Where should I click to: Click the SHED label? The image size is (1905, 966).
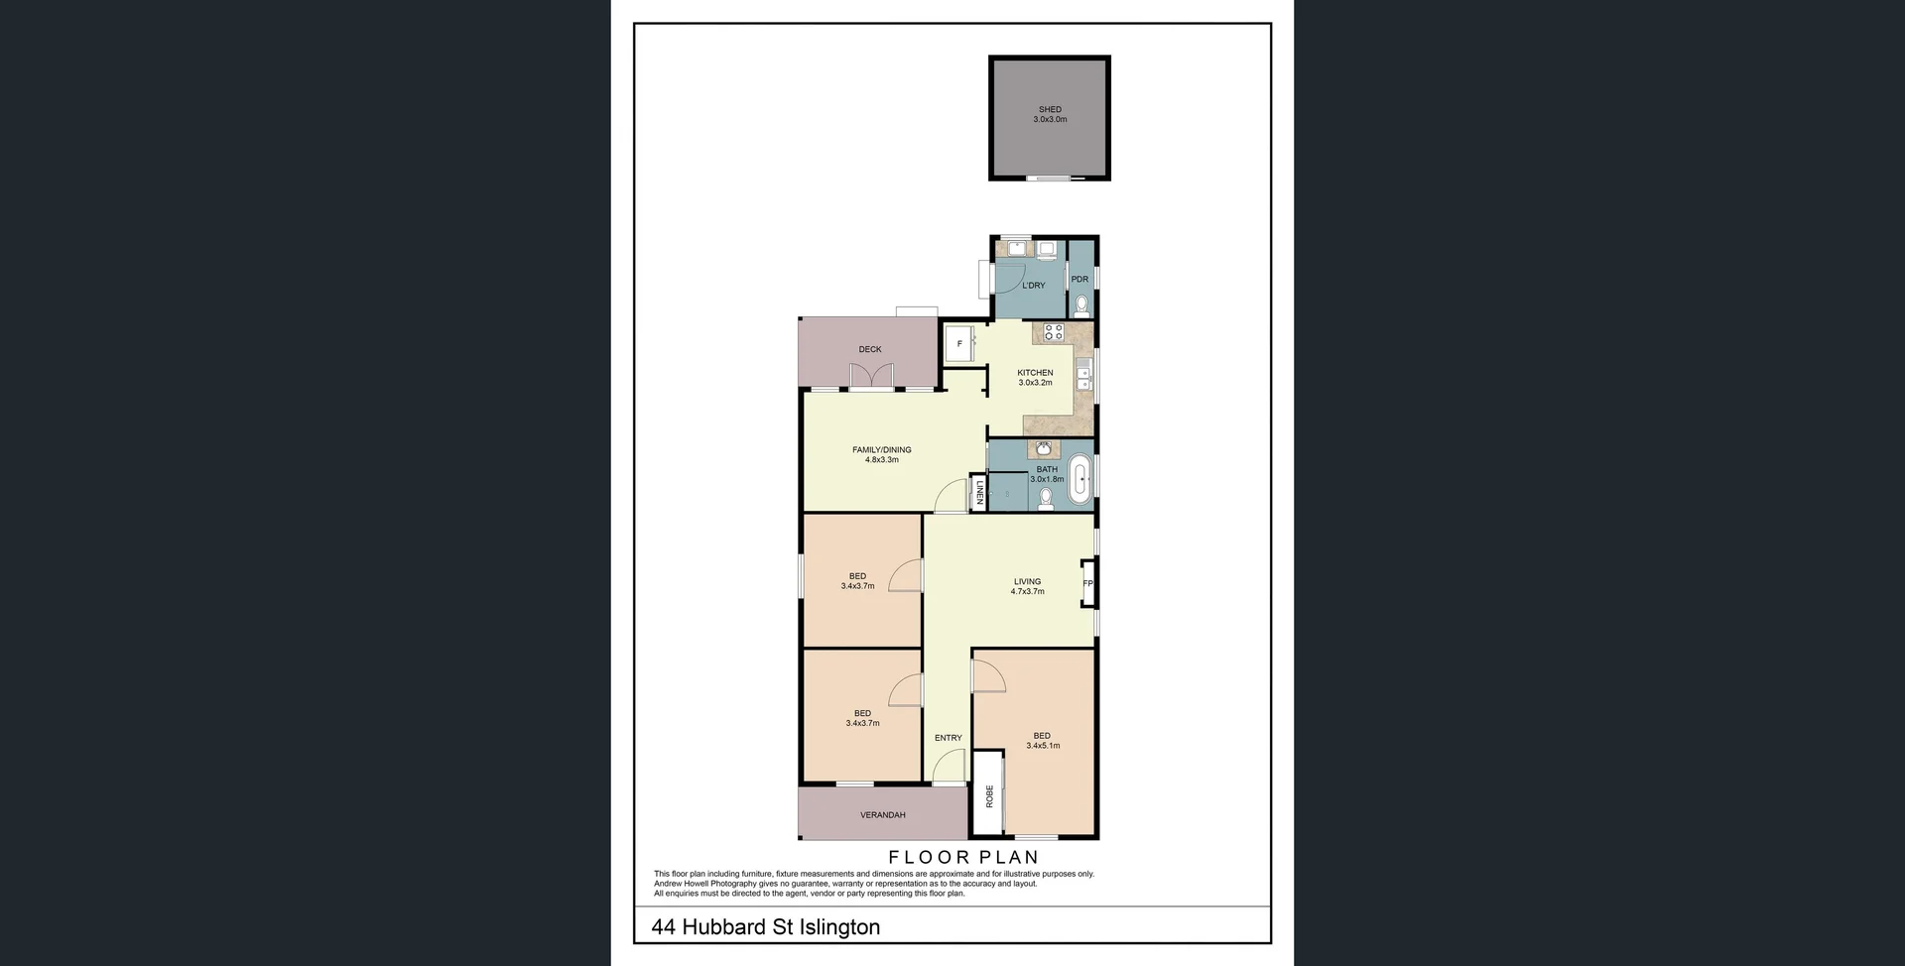(1050, 110)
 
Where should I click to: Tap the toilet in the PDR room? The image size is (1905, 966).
(1080, 303)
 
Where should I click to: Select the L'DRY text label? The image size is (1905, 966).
(1034, 286)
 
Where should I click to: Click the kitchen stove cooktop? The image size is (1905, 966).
(1054, 332)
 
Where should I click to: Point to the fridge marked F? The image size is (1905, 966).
(959, 344)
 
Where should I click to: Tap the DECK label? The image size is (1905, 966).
(870, 349)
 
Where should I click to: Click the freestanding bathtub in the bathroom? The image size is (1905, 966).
(1079, 479)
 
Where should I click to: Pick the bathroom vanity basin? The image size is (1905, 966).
(1043, 449)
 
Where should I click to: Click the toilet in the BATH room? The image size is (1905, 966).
(1046, 498)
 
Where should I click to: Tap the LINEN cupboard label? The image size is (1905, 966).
(979, 492)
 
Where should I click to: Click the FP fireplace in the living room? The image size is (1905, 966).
(1087, 583)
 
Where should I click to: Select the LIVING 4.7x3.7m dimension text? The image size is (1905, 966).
(1028, 592)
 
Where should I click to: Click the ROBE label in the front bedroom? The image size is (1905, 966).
(989, 795)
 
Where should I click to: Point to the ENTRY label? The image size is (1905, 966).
(949, 738)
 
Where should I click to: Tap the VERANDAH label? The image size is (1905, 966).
(883, 815)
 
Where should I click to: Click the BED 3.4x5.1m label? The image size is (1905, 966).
(1043, 741)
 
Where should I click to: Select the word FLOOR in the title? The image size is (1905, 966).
(922, 858)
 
